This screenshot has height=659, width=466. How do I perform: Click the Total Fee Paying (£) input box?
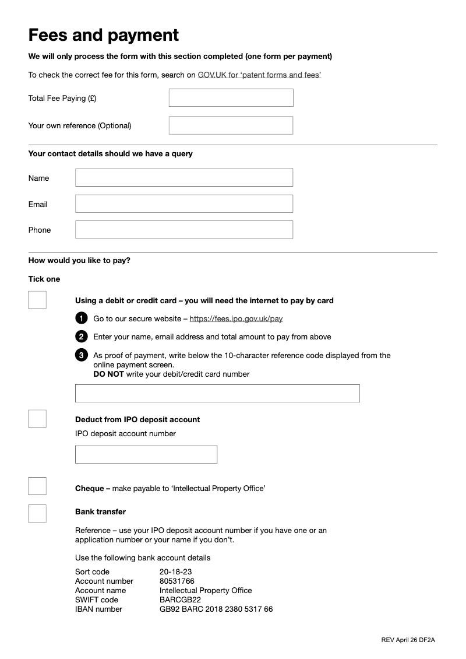tap(231, 98)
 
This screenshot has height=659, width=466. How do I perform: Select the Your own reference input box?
tap(231, 125)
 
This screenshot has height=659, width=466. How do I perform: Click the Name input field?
tap(183, 178)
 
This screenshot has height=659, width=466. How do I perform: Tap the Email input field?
tap(183, 204)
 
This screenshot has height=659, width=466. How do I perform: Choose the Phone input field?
tap(183, 230)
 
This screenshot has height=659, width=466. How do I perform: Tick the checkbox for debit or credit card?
tap(37, 300)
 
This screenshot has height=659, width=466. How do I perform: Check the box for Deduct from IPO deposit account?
tap(37, 419)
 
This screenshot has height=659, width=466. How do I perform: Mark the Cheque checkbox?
tap(37, 486)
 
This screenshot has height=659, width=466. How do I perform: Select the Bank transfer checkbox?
tap(37, 513)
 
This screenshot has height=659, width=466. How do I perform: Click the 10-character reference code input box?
tap(217, 393)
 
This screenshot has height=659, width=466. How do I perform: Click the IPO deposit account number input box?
tap(146, 454)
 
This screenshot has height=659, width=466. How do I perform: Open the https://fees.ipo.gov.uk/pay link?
tap(236, 319)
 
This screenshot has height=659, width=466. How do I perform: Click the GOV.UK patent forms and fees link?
tap(259, 75)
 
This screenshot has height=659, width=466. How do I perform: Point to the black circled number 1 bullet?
tap(82, 318)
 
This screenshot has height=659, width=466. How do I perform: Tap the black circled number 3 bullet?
tap(82, 355)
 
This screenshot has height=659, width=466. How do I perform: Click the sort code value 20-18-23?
tap(175, 572)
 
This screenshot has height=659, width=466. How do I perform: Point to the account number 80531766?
tap(176, 581)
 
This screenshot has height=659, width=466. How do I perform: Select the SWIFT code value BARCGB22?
tap(179, 600)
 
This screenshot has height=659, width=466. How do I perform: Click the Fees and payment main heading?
tap(104, 35)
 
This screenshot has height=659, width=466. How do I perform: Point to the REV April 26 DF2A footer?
tap(408, 640)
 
